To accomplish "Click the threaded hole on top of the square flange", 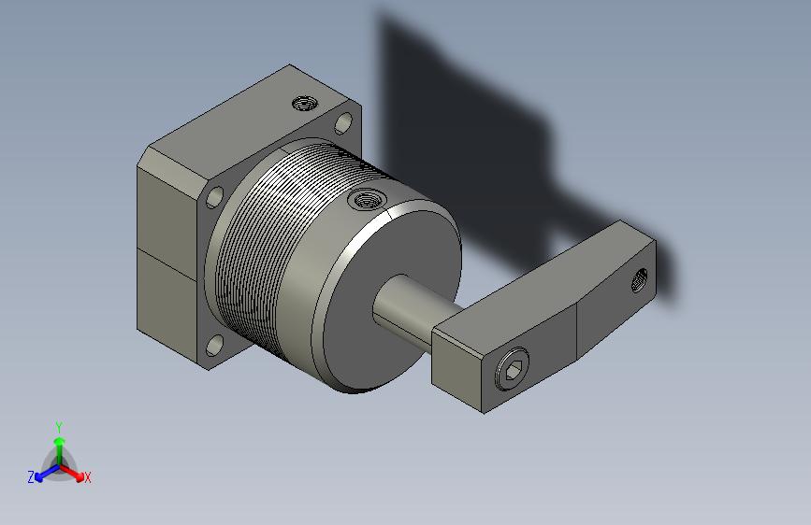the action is [305, 104].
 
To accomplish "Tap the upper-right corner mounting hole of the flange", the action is [343, 123].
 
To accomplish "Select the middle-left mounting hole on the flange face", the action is [214, 197].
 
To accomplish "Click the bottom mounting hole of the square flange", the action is [214, 346].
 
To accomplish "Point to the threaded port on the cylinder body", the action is [367, 199].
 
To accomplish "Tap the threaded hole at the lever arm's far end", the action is [640, 279].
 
